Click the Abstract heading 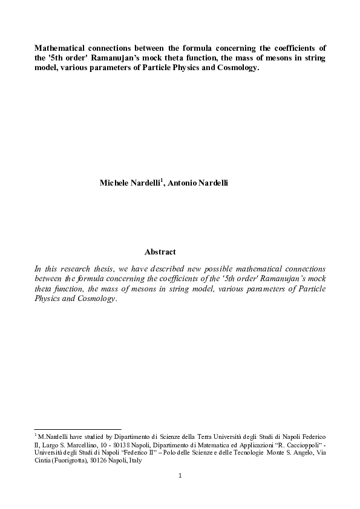pyautogui.click(x=160, y=251)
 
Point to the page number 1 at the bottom pyautogui.click(x=180, y=475)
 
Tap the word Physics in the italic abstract pyautogui.click(x=50, y=300)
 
